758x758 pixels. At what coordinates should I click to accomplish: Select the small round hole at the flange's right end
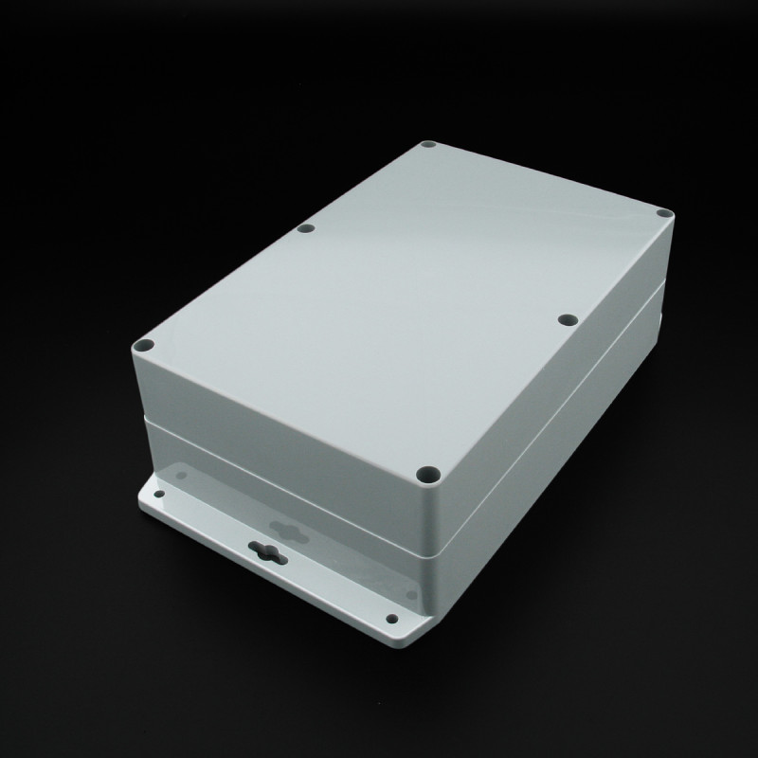pyautogui.click(x=393, y=619)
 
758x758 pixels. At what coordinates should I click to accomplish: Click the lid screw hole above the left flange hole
pyautogui.click(x=144, y=348)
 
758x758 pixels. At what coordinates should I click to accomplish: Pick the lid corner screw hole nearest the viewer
pyautogui.click(x=427, y=470)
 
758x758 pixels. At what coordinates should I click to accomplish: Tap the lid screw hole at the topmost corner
pyautogui.click(x=427, y=147)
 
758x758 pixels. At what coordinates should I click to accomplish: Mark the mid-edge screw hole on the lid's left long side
pyautogui.click(x=305, y=228)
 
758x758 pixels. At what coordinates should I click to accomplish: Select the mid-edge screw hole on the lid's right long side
pyautogui.click(x=567, y=320)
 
